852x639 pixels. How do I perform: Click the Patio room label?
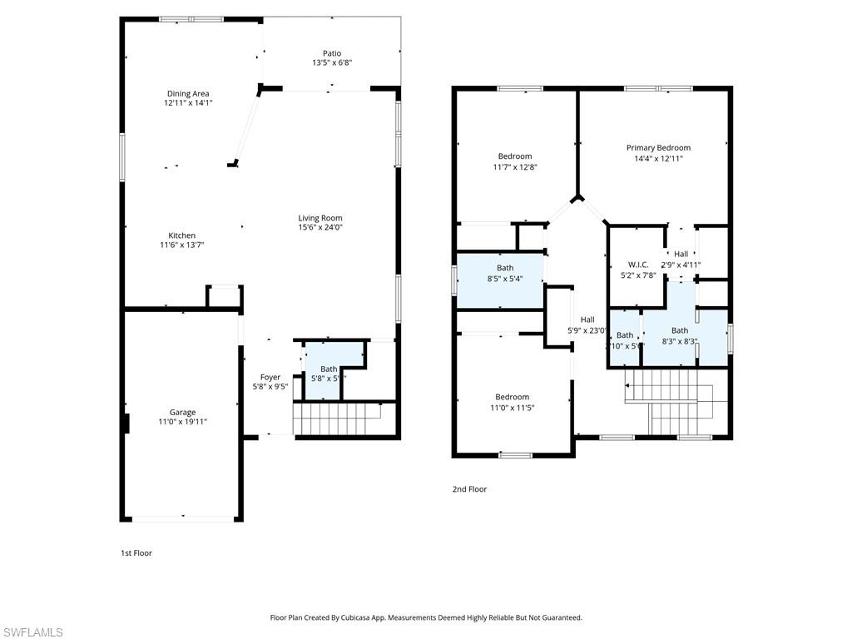point(332,53)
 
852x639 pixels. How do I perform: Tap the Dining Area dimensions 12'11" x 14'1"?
point(188,103)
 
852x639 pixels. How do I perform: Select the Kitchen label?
point(182,235)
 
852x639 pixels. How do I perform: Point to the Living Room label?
point(320,218)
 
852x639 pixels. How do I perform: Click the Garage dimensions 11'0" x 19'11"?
point(182,422)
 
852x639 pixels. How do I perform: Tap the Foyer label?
point(270,377)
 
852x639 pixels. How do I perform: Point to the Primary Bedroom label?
point(658,148)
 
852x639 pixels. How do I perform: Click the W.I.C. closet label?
point(638,265)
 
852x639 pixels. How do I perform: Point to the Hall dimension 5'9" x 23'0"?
point(587,330)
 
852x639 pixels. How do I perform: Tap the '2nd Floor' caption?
point(469,489)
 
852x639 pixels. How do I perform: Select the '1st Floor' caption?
point(136,552)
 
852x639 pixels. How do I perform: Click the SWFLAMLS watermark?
point(32,632)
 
